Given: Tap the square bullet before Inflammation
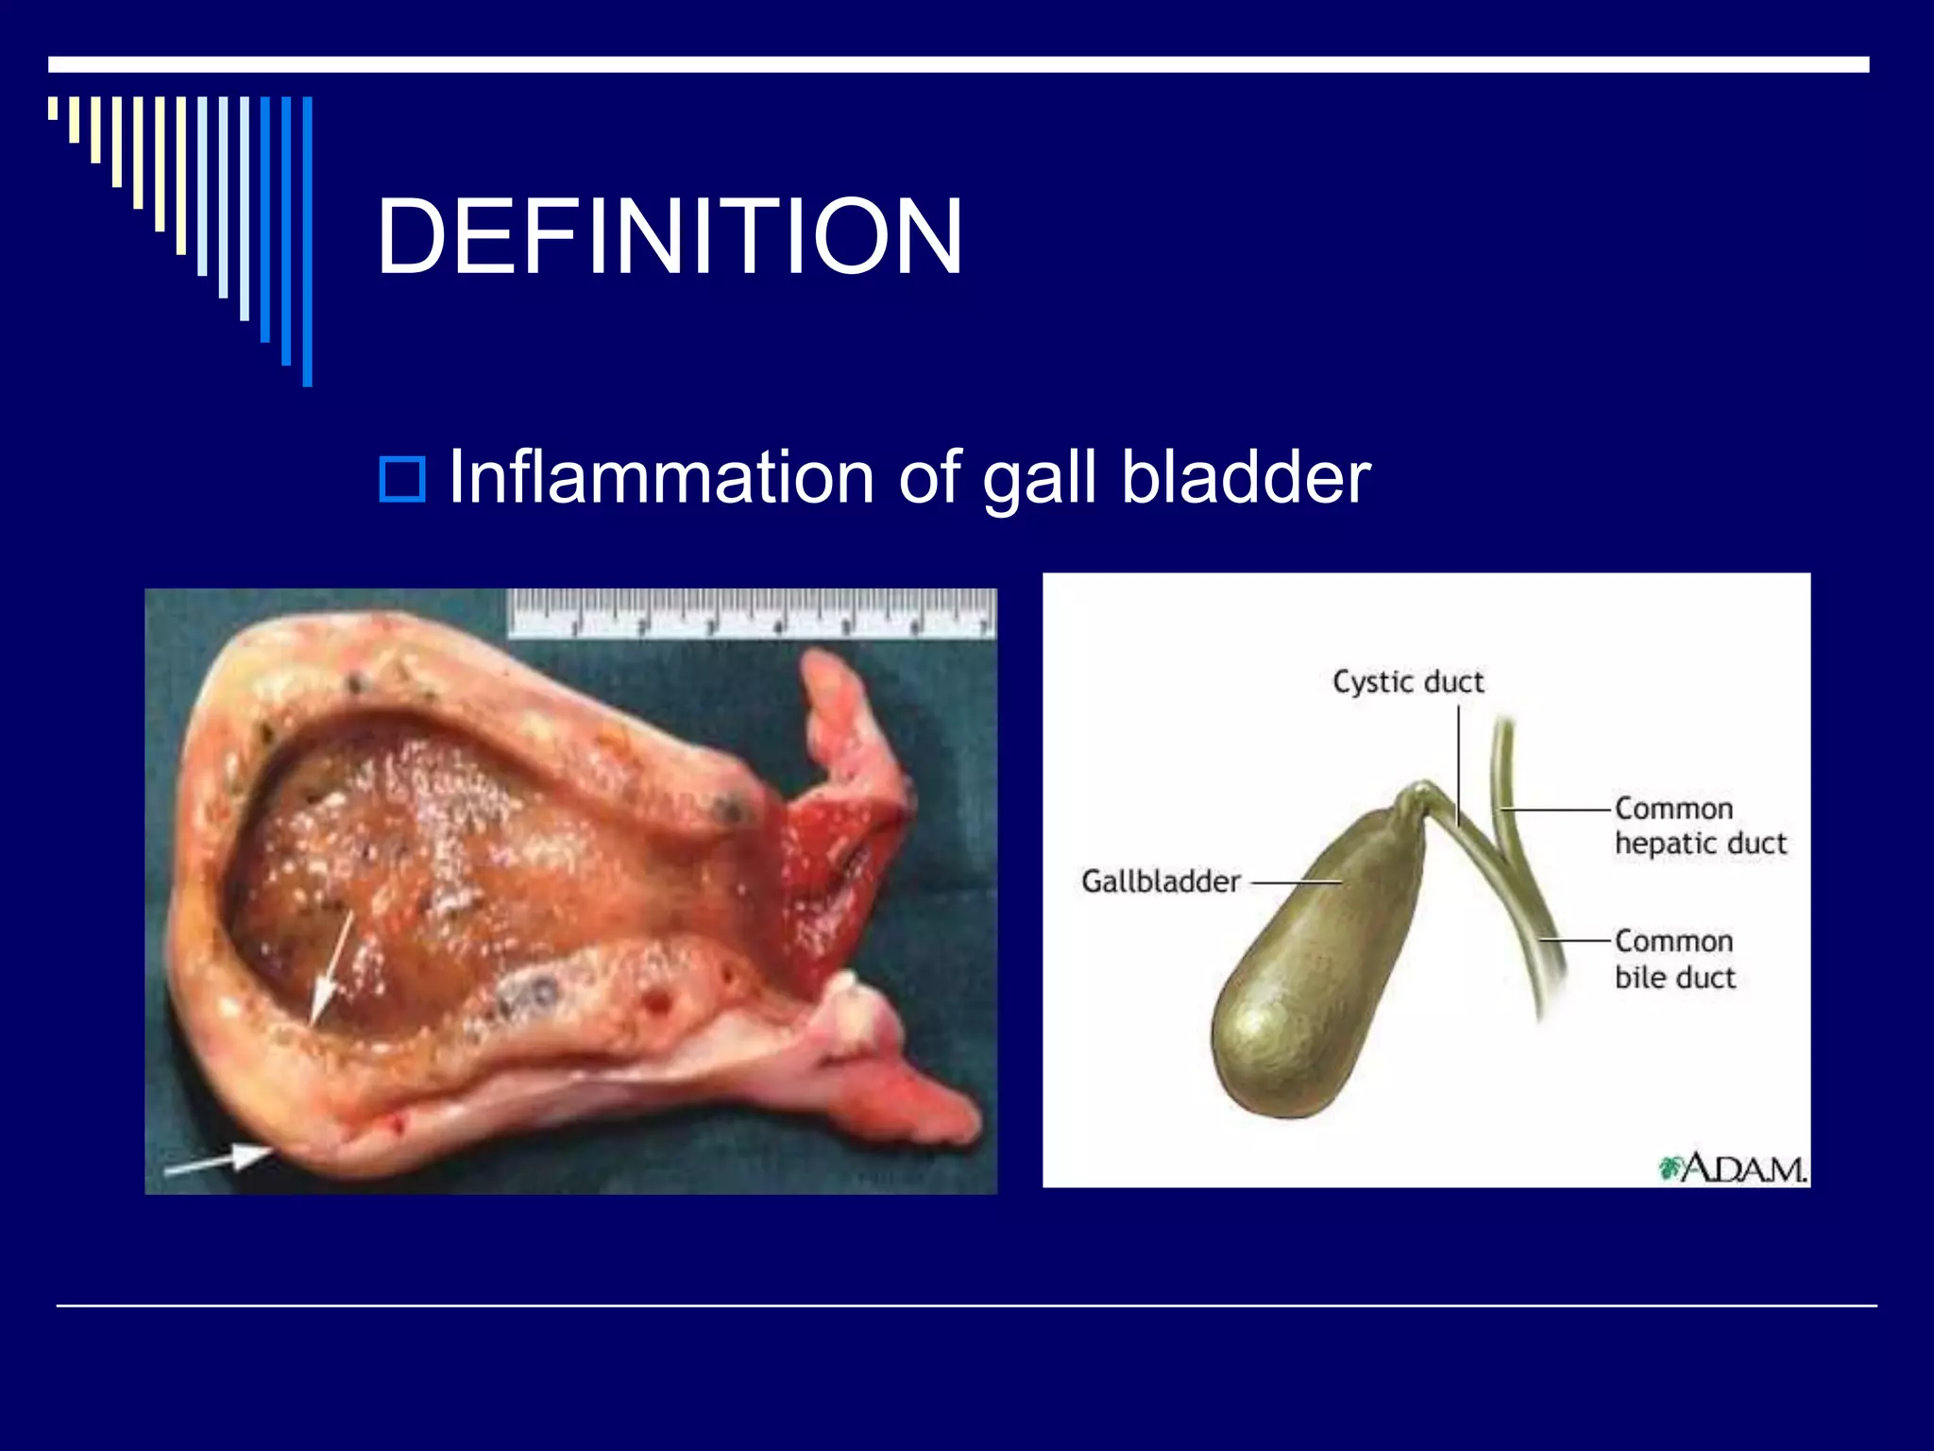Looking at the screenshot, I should pyautogui.click(x=402, y=479).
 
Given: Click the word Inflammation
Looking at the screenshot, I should pyautogui.click(x=661, y=477).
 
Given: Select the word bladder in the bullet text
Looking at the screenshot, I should pyautogui.click(x=1246, y=477).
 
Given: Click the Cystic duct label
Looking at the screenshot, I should pyautogui.click(x=1407, y=682).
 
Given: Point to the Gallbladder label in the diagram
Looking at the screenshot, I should pyautogui.click(x=1160, y=881).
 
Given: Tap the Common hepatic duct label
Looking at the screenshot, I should pyautogui.click(x=1700, y=826).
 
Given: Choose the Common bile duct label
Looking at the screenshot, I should pyautogui.click(x=1674, y=959).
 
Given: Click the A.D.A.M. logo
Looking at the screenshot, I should pyautogui.click(x=1734, y=1169).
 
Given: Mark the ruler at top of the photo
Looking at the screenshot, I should pyautogui.click(x=751, y=613).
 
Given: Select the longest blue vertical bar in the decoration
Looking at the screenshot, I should pyautogui.click(x=307, y=242).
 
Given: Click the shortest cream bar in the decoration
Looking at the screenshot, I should pyautogui.click(x=53, y=108).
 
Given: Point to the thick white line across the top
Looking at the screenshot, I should pyautogui.click(x=958, y=64).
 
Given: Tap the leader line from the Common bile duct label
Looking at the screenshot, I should pyautogui.click(x=1575, y=941).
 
